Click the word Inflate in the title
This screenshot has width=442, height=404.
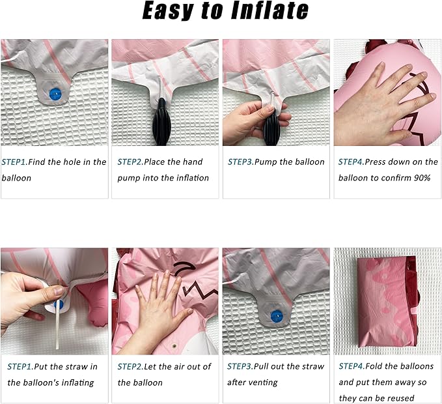click(x=269, y=10)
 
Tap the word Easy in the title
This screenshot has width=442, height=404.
click(x=169, y=10)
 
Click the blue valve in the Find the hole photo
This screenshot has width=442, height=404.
click(x=55, y=94)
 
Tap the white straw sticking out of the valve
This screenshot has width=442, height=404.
click(x=58, y=325)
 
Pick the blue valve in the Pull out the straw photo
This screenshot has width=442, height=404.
click(x=277, y=317)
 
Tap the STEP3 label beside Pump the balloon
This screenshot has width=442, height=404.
click(x=240, y=162)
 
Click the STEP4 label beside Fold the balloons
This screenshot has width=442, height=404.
click(x=352, y=366)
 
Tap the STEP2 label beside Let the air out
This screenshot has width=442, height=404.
click(x=130, y=366)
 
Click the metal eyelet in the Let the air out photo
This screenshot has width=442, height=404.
click(x=174, y=345)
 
